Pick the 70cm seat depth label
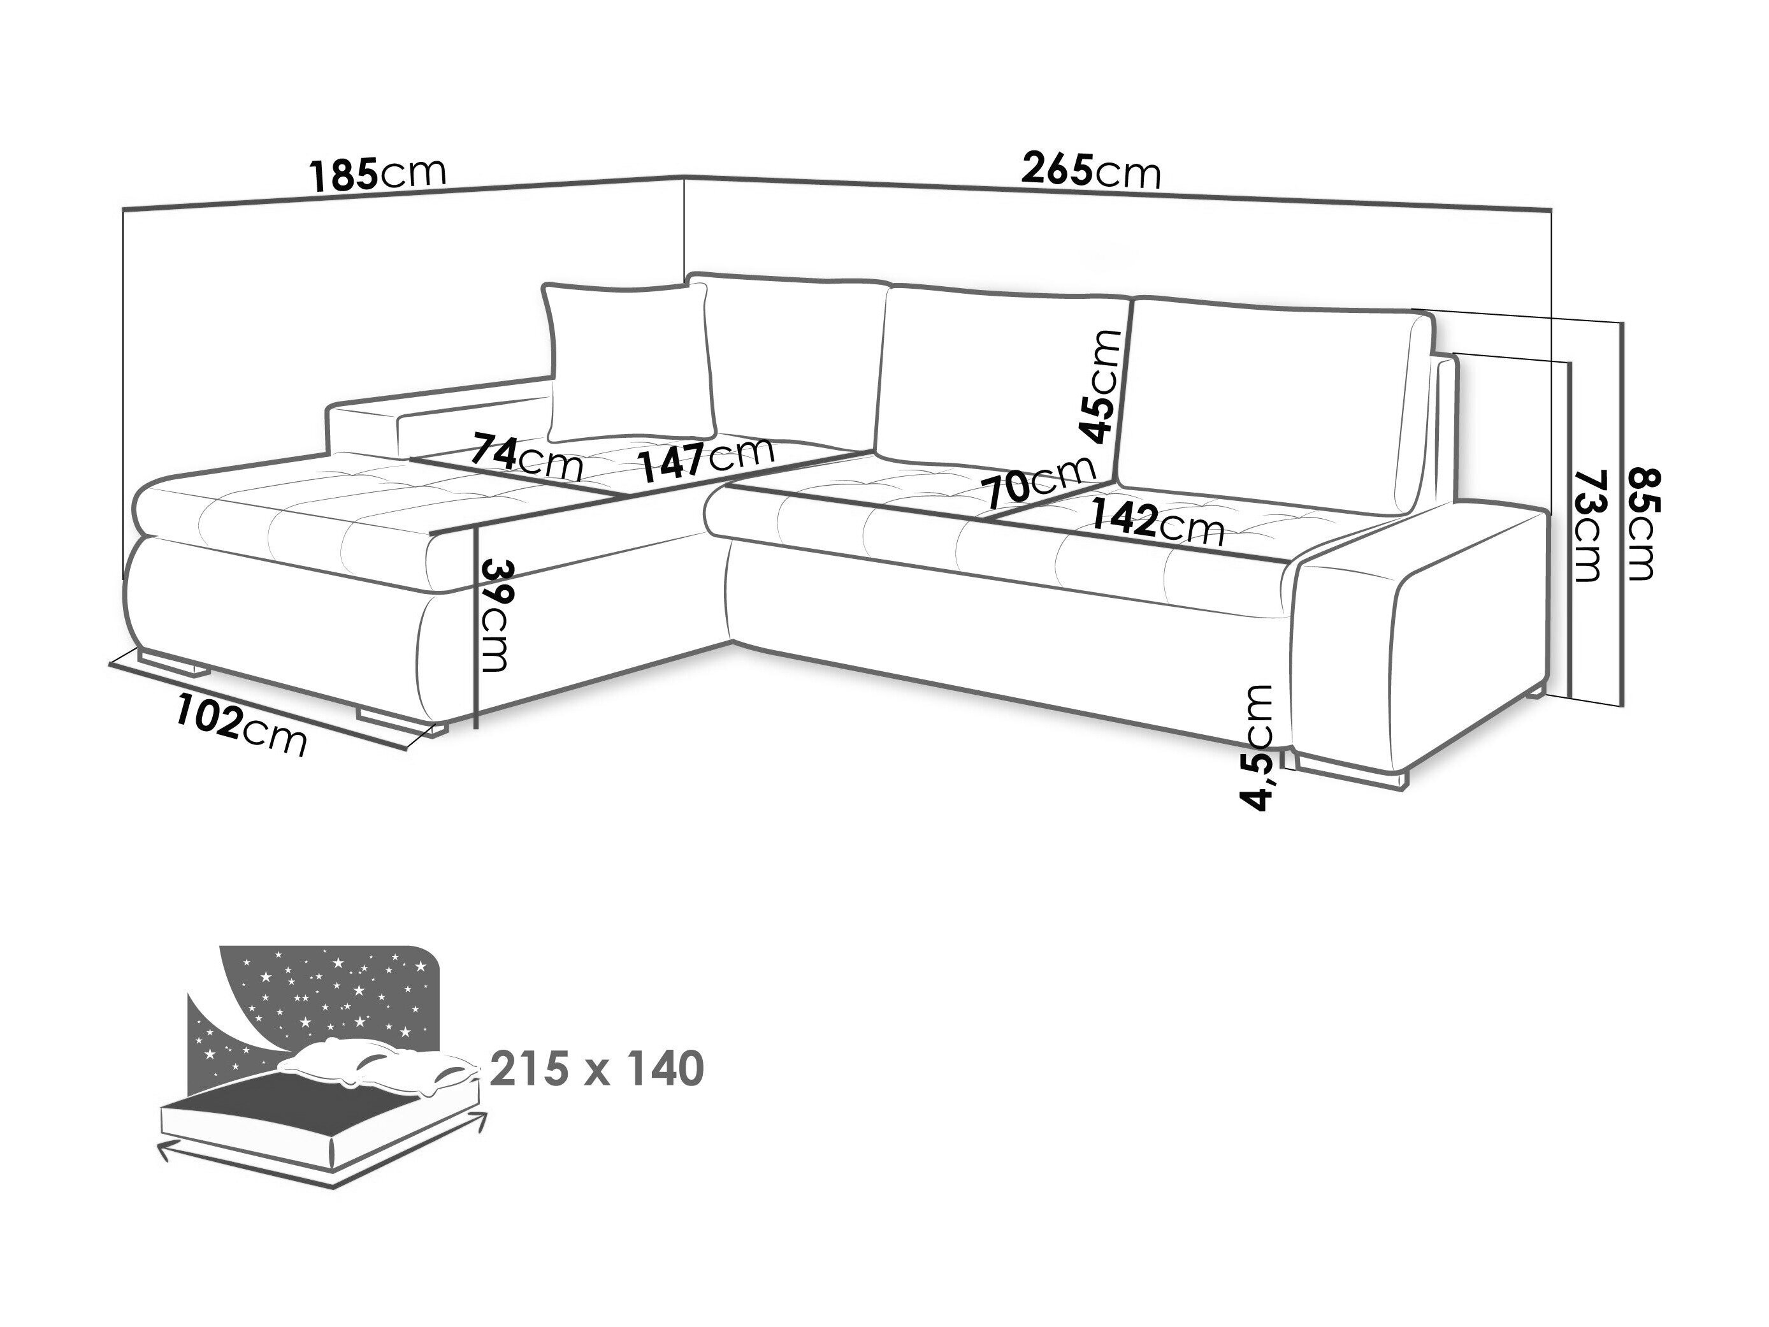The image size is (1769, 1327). click(x=1039, y=481)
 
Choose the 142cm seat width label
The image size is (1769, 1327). click(x=1157, y=521)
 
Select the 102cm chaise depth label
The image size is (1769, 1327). click(x=242, y=725)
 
